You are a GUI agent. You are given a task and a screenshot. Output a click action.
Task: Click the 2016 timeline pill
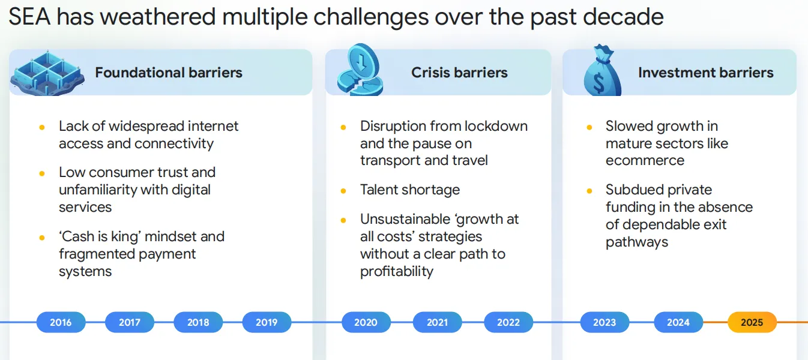click(x=61, y=322)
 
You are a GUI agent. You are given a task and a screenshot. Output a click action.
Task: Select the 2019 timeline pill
click(x=267, y=322)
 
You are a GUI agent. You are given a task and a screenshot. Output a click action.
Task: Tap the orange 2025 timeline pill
click(x=752, y=322)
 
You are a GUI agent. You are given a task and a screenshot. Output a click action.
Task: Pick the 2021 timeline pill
click(x=437, y=322)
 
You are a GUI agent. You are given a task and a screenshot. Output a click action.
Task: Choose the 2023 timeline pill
click(x=604, y=322)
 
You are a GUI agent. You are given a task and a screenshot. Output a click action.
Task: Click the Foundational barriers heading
click(x=169, y=73)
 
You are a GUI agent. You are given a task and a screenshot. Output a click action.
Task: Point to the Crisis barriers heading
click(x=459, y=73)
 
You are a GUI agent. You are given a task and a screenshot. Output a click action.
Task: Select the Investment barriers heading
click(x=705, y=73)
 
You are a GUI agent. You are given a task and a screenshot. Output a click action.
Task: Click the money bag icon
click(x=602, y=70)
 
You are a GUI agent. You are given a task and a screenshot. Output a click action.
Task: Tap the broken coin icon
click(x=360, y=70)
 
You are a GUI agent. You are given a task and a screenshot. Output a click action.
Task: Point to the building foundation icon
click(x=47, y=73)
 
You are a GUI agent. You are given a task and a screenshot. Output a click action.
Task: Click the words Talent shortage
click(x=410, y=190)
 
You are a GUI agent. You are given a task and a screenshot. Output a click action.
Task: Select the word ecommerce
click(x=645, y=160)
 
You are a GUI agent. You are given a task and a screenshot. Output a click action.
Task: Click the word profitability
click(x=396, y=271)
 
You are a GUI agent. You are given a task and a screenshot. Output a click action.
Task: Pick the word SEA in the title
click(x=29, y=17)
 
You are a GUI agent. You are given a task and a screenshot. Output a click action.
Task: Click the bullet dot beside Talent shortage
click(x=343, y=191)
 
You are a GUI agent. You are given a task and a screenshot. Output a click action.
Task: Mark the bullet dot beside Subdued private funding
click(x=589, y=191)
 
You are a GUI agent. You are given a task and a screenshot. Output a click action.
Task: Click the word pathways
click(x=637, y=242)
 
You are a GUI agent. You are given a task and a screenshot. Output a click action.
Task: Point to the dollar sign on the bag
click(x=599, y=83)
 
